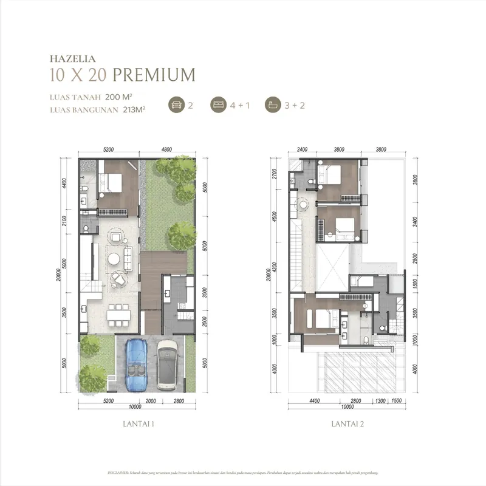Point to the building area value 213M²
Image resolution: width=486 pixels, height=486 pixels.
click(134, 109)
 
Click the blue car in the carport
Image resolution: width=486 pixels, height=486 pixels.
click(136, 363)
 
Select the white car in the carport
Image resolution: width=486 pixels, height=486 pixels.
click(166, 363)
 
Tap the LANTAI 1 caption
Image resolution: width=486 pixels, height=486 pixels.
click(137, 425)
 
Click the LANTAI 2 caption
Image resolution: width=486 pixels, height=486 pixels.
click(347, 425)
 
